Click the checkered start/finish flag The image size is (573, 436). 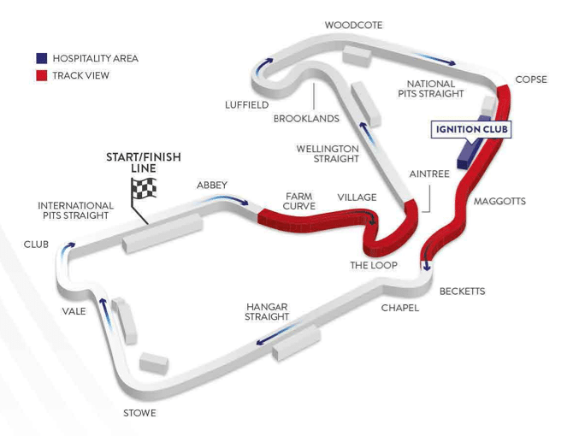[x=145, y=194]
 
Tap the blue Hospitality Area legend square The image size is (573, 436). [x=41, y=58]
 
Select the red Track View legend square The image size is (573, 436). [x=41, y=75]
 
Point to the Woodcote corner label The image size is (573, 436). [x=353, y=25]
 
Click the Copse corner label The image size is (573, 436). [x=531, y=80]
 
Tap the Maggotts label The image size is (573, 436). [x=499, y=202]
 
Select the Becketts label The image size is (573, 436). [x=462, y=292]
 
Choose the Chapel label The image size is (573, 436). [x=399, y=308]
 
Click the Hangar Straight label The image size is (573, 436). [x=267, y=311]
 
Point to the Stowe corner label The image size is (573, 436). [x=139, y=414]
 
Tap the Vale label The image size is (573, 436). [x=74, y=311]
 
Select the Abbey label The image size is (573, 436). [x=211, y=185]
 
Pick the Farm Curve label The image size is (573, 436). [x=299, y=201]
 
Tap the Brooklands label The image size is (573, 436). [x=306, y=119]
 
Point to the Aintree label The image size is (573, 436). [x=428, y=174]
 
